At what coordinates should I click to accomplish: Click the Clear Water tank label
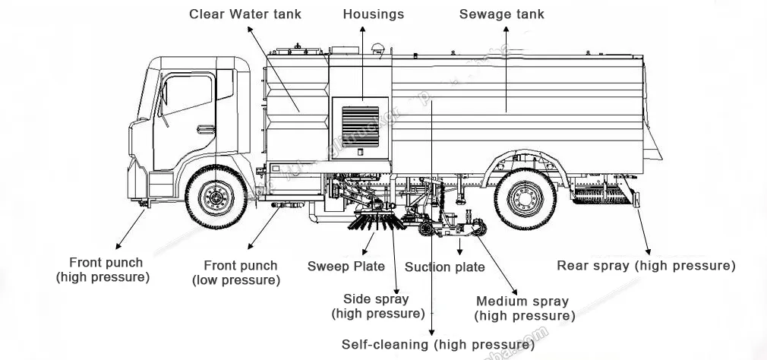(x=245, y=14)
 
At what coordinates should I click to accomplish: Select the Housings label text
(x=373, y=14)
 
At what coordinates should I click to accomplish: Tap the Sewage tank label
(x=502, y=14)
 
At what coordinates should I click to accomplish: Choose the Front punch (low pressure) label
(x=241, y=273)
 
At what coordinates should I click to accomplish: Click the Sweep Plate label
(x=346, y=267)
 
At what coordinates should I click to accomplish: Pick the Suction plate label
(x=444, y=267)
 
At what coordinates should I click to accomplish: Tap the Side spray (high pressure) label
(x=377, y=306)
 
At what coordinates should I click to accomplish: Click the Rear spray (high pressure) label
(x=645, y=266)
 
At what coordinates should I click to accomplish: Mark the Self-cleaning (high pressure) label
(x=437, y=345)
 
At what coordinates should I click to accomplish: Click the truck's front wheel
(x=216, y=197)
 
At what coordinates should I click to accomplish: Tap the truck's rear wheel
(x=524, y=197)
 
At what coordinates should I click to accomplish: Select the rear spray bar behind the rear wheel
(x=604, y=197)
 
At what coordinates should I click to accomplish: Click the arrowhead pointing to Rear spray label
(x=647, y=251)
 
